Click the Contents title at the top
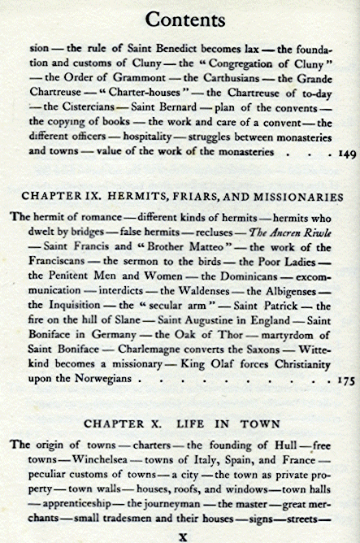point(180,17)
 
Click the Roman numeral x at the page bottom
point(182,536)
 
